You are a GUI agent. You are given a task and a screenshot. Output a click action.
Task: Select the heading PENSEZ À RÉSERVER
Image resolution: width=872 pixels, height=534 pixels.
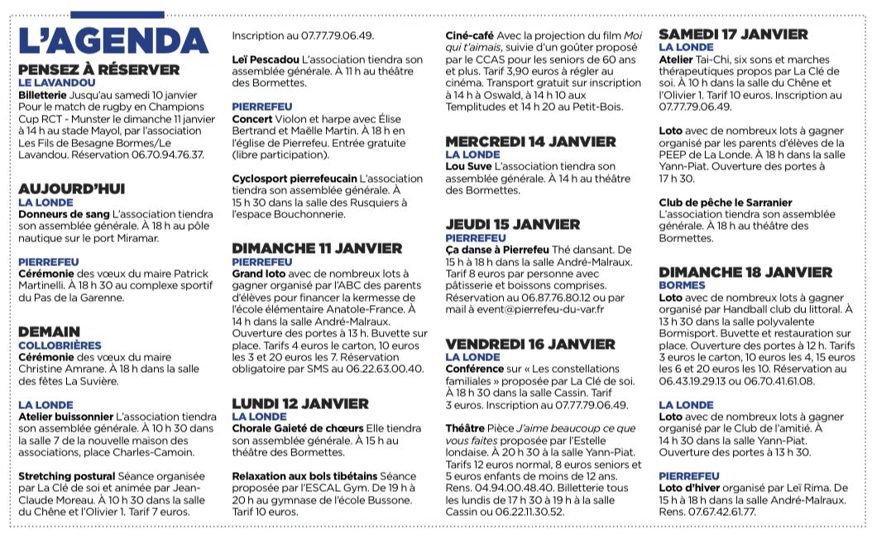pyautogui.click(x=98, y=69)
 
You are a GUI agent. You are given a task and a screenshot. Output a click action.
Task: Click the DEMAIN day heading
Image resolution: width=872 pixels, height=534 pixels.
pyautogui.click(x=50, y=331)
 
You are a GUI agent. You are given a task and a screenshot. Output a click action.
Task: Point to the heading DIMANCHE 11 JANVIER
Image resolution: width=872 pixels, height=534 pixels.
pyautogui.click(x=317, y=248)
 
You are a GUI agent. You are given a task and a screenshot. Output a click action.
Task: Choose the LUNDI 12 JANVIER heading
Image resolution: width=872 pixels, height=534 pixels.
pyautogui.click(x=300, y=403)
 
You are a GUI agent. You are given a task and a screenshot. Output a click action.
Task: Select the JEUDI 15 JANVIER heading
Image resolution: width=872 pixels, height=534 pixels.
pyautogui.click(x=512, y=224)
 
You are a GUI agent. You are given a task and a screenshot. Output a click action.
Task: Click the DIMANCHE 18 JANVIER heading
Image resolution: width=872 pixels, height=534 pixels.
pyautogui.click(x=745, y=272)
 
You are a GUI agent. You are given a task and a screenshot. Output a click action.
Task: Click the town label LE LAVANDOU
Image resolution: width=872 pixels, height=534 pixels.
pyautogui.click(x=57, y=83)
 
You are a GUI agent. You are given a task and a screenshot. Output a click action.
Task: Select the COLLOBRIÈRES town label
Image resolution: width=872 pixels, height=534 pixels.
pyautogui.click(x=61, y=345)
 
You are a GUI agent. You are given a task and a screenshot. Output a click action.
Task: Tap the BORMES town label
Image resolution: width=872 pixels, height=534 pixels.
pyautogui.click(x=683, y=285)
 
